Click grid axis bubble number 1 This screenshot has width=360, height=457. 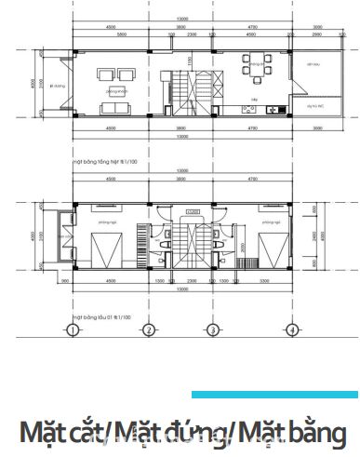coord(72,330)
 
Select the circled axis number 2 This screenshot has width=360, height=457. coord(148,330)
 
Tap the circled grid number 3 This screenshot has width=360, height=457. coord(213,330)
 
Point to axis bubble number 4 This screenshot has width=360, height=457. coord(292,330)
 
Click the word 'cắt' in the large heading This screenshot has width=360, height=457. coord(91,433)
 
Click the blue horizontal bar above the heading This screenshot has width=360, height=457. coord(274,395)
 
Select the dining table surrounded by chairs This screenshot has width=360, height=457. coord(253,68)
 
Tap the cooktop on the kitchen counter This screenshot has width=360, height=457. coord(249,110)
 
